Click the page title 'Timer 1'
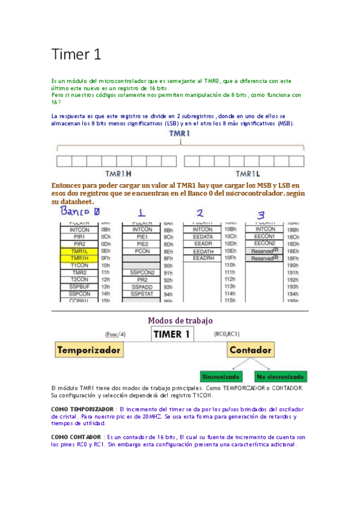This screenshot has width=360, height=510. (x=76, y=55)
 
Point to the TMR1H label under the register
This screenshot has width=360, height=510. (x=115, y=173)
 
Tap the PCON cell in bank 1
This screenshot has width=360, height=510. (x=142, y=251)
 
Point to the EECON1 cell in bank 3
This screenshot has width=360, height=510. (x=265, y=236)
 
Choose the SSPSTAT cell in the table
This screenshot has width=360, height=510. (x=142, y=294)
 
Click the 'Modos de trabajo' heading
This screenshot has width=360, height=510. (x=180, y=321)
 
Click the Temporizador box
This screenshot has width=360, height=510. (x=88, y=349)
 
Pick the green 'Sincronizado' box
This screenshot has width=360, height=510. (x=221, y=377)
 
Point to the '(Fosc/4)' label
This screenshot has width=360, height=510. (x=115, y=334)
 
